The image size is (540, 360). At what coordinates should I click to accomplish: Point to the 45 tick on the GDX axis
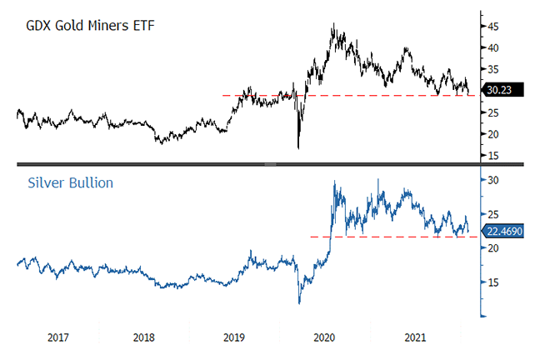[x=493, y=27]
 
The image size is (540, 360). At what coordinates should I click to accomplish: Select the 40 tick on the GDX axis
[x=493, y=48]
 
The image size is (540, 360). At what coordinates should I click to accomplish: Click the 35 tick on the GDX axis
[x=493, y=69]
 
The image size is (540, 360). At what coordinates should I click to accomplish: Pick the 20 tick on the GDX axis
[x=493, y=134]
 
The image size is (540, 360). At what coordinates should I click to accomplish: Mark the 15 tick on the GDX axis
[x=493, y=155]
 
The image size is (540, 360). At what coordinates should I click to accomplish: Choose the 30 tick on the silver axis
[x=493, y=180]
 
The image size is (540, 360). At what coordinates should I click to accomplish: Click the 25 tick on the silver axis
[x=493, y=214]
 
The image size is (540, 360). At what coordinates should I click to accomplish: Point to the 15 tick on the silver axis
[x=493, y=282]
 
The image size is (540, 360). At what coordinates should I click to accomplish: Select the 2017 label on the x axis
[x=58, y=338]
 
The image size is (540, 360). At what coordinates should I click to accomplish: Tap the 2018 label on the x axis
[x=144, y=338]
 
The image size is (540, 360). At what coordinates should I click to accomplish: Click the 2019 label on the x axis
[x=234, y=338]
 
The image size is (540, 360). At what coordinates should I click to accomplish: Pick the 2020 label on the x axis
[x=324, y=338]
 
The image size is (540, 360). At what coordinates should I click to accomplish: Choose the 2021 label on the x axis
[x=414, y=338]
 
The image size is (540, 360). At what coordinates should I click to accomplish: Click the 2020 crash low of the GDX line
[x=298, y=148]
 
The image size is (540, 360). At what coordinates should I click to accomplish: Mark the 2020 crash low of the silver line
[x=298, y=303]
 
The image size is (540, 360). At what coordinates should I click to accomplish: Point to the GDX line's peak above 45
[x=333, y=24]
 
